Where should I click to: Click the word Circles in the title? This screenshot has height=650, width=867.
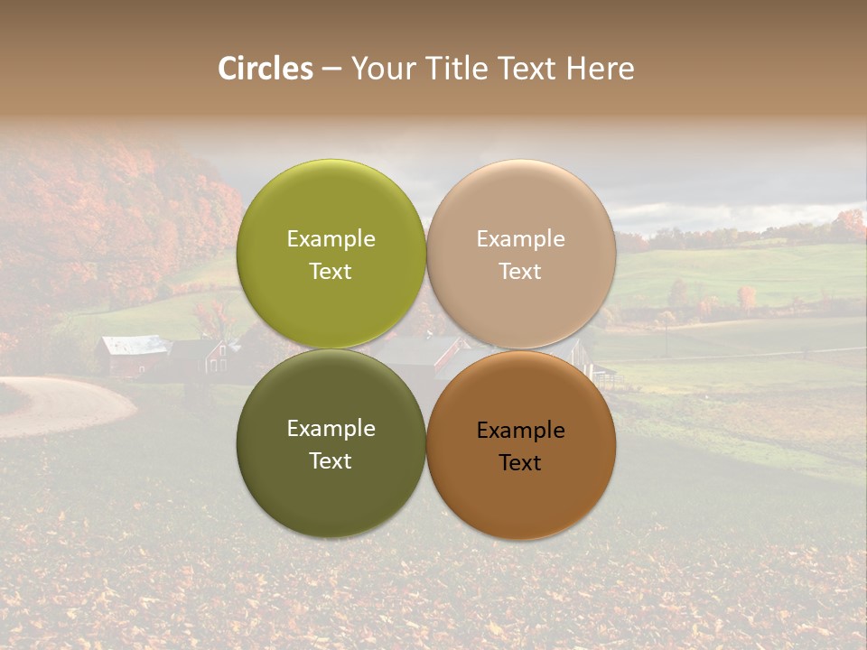pyautogui.click(x=265, y=69)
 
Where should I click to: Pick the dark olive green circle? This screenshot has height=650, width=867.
pyautogui.click(x=331, y=487)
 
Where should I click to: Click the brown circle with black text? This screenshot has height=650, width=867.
pyautogui.click(x=521, y=492)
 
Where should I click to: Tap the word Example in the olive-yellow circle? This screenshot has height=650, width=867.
pyautogui.click(x=331, y=238)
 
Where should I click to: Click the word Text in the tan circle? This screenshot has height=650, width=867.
pyautogui.click(x=520, y=272)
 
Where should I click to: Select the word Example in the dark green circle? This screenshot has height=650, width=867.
pyautogui.click(x=331, y=429)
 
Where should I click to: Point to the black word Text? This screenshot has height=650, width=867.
pyautogui.click(x=520, y=463)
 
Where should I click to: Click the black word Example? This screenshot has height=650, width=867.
pyautogui.click(x=520, y=431)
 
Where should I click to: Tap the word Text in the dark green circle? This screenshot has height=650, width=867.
pyautogui.click(x=331, y=461)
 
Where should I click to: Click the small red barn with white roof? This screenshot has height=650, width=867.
pyautogui.click(x=134, y=356)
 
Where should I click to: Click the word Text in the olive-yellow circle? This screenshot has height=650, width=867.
pyautogui.click(x=331, y=272)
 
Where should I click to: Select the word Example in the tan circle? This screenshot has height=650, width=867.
pyautogui.click(x=520, y=238)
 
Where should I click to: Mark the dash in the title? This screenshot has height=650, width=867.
pyautogui.click(x=331, y=70)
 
